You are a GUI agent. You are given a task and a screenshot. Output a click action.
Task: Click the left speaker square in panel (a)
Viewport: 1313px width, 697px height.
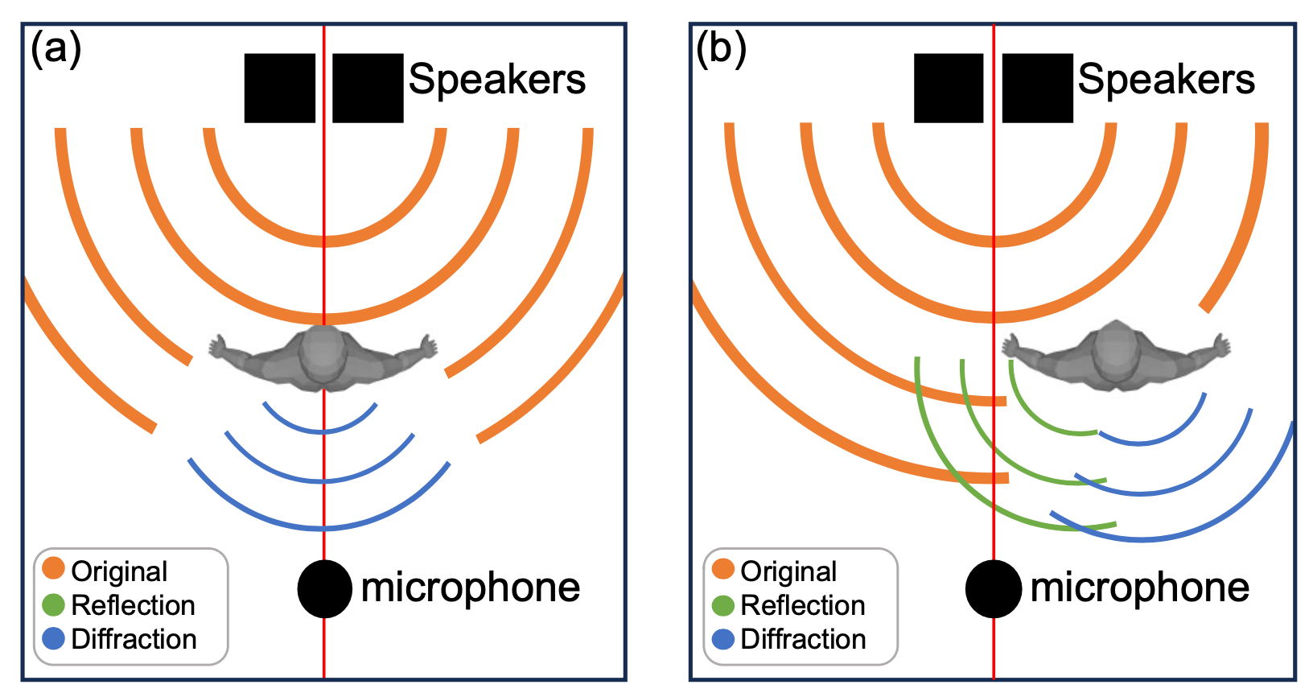279,88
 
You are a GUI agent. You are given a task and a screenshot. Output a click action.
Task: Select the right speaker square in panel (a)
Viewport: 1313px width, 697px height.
368,88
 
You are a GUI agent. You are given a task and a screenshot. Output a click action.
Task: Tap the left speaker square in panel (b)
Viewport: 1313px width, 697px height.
949,88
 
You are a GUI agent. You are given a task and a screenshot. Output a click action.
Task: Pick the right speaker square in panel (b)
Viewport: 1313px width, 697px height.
1037,88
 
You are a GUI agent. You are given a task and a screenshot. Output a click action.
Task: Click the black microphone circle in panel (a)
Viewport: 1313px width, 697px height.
324,589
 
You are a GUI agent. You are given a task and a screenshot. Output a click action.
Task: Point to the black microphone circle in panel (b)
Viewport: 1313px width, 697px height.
994,589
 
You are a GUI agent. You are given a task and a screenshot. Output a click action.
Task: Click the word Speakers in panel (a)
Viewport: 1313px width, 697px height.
497,80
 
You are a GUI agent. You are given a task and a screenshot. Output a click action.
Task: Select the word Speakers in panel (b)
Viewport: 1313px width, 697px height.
1167,80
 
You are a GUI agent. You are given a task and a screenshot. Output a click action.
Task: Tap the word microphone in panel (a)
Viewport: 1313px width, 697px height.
471,588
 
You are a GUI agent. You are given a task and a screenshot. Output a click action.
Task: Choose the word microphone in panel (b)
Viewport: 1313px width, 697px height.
1140,588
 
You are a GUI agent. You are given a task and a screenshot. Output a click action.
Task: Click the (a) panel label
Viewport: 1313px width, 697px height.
56,49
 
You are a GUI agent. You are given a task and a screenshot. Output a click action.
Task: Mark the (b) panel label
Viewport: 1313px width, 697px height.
722,49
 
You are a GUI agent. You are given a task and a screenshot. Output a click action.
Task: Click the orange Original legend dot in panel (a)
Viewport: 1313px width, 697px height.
54,568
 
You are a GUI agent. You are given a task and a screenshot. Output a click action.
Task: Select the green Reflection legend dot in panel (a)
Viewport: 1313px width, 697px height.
54,604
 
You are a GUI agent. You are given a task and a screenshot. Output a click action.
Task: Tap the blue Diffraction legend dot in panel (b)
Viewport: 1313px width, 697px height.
723,639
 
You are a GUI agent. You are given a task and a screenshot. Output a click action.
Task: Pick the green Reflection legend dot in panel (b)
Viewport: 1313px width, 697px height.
723,604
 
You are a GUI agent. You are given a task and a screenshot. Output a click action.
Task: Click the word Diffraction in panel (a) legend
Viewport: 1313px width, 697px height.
134,639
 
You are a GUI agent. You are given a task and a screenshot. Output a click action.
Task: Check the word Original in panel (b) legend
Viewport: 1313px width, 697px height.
788,571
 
